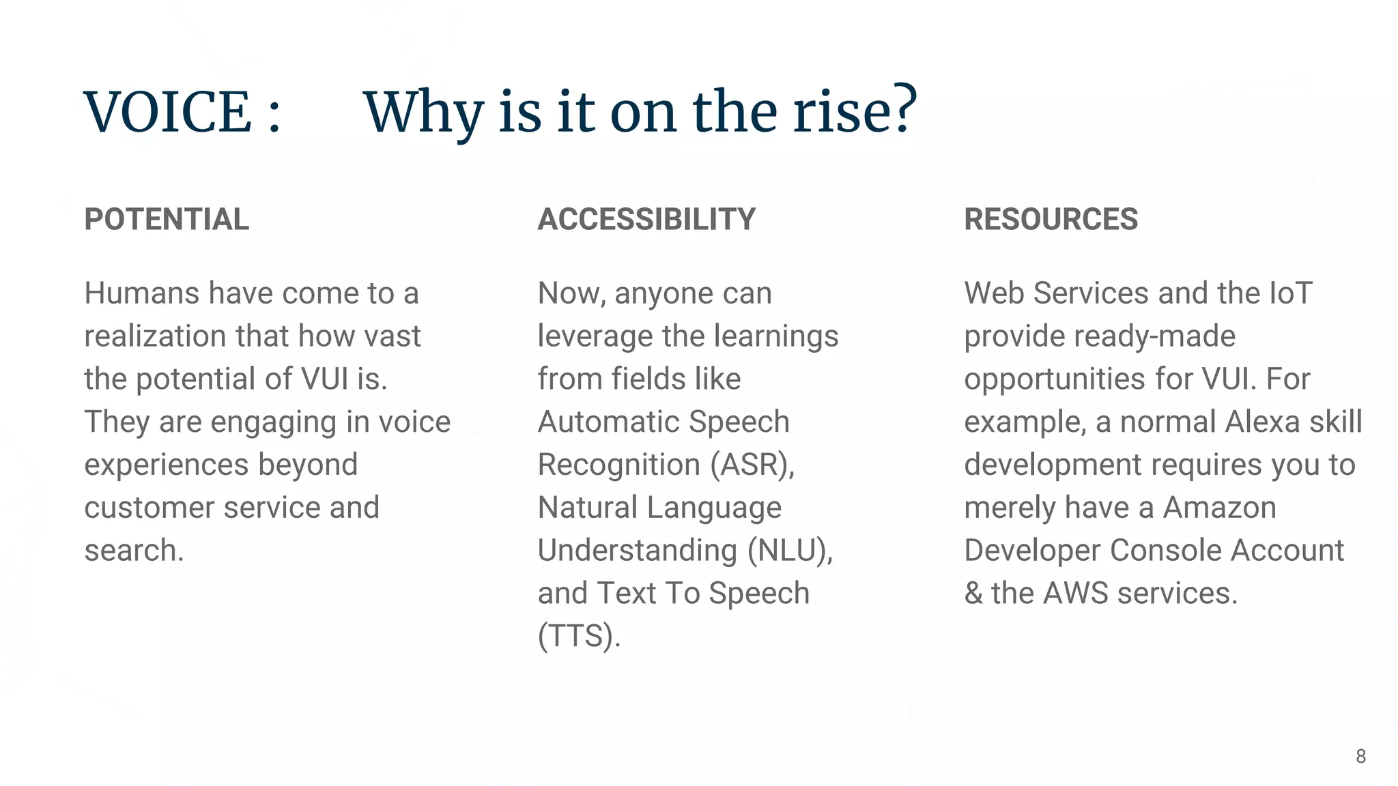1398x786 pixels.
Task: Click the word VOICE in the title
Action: point(168,112)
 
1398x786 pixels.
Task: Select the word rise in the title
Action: point(843,112)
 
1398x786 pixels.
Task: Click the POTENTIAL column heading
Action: point(167,220)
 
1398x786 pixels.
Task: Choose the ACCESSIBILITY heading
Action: point(646,220)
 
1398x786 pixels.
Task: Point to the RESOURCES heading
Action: point(1051,220)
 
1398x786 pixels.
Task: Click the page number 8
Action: point(1360,757)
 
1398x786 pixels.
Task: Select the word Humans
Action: point(142,293)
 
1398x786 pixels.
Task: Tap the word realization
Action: point(155,336)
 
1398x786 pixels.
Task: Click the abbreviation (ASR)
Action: point(752,465)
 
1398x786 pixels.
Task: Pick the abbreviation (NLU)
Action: point(790,551)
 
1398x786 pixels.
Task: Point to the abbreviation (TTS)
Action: point(579,637)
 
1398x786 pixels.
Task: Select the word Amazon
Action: point(1219,508)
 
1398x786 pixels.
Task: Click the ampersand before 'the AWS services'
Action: point(973,594)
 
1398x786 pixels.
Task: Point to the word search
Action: point(133,551)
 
